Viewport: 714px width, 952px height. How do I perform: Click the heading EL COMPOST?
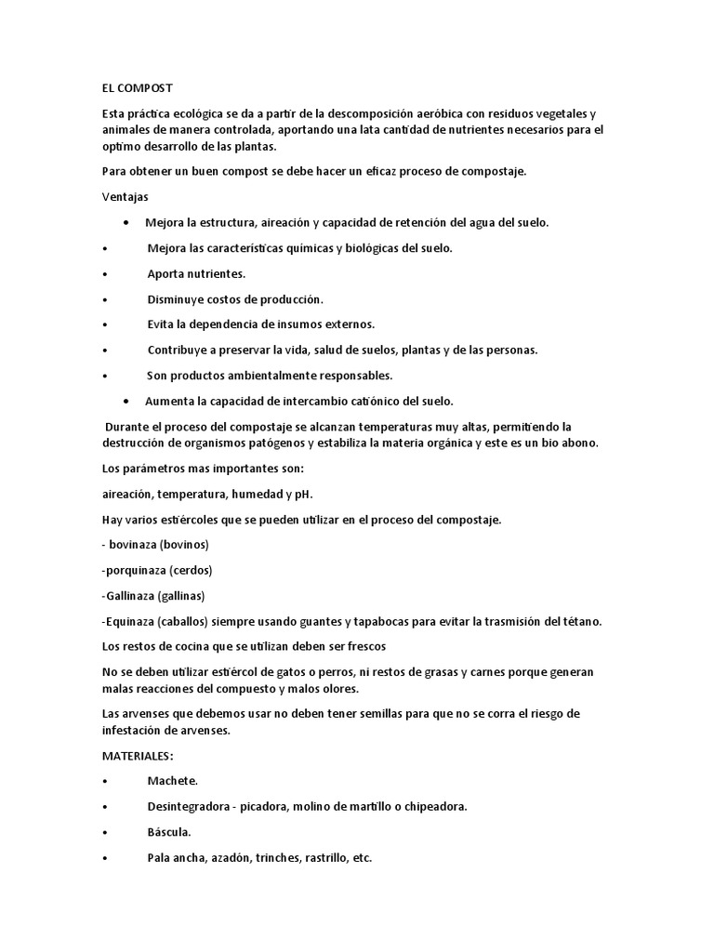[138, 88]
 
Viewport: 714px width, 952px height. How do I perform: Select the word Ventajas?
[126, 197]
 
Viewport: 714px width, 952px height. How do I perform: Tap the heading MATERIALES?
[138, 756]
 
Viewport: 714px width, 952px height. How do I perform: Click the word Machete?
[172, 782]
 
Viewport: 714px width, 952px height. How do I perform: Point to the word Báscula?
[169, 832]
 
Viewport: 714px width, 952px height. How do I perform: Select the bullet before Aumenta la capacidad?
[126, 401]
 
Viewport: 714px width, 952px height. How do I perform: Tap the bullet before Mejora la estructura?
[126, 223]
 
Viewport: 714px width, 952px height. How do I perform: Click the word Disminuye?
[178, 299]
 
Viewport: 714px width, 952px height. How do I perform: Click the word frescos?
[364, 646]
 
